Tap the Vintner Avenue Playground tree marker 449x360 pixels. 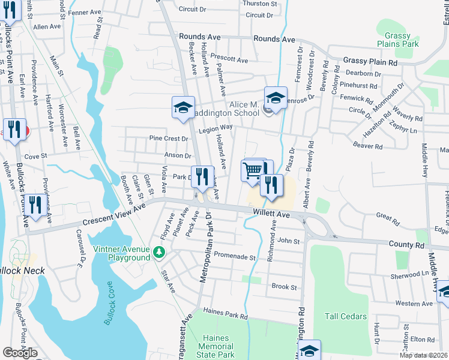159,251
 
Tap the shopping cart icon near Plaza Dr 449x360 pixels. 253,169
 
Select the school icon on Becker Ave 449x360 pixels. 183,107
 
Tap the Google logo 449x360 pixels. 20,353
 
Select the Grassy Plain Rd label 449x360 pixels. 370,62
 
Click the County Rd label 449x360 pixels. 406,245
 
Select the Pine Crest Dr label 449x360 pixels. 169,139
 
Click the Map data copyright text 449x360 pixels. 424,355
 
